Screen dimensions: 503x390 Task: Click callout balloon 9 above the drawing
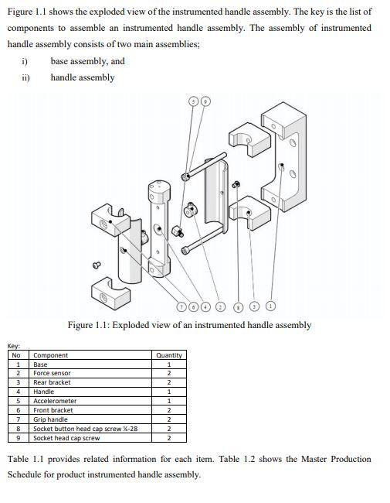tap(205, 101)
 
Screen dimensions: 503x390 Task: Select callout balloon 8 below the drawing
tap(238, 306)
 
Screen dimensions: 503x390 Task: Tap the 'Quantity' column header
tap(168, 355)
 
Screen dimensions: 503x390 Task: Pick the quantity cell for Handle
tap(168, 392)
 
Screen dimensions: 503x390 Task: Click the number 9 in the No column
tap(17, 438)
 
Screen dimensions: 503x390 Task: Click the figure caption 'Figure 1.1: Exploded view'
tap(189, 325)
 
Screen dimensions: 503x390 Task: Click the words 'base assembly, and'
tap(87, 61)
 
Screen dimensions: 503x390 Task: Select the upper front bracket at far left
tap(109, 218)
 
